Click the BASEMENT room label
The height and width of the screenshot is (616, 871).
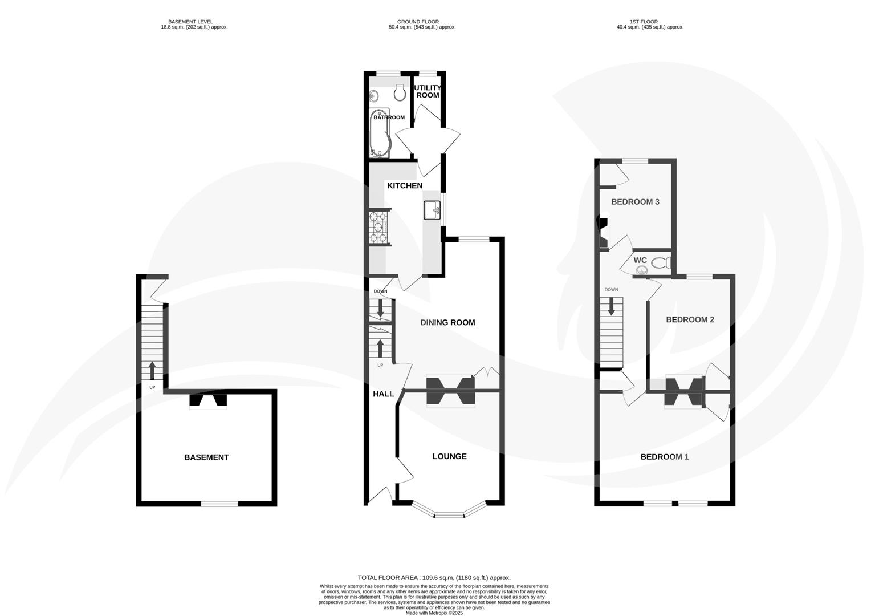tap(206, 457)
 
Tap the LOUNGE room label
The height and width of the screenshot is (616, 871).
tap(449, 456)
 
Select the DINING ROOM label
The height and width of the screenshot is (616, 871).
tap(447, 323)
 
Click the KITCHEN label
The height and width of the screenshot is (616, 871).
tap(405, 186)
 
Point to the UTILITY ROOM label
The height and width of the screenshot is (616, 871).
tap(428, 91)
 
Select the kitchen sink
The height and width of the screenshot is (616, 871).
tap(432, 210)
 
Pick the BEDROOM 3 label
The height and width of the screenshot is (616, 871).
tap(635, 202)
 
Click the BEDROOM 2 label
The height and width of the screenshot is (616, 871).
tap(690, 320)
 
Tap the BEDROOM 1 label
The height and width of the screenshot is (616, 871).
tap(665, 457)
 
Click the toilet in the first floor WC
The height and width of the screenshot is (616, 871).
tap(660, 264)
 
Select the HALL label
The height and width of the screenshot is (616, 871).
tap(383, 394)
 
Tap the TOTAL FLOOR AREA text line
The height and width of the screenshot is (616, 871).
tap(434, 578)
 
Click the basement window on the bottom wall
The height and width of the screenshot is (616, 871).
tap(219, 504)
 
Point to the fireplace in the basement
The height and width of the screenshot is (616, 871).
tap(208, 402)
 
